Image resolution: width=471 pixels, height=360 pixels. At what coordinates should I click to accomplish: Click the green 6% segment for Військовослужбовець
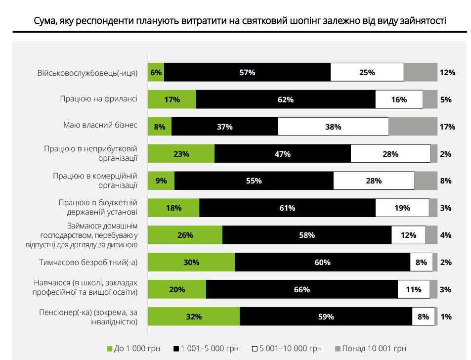click(x=156, y=72)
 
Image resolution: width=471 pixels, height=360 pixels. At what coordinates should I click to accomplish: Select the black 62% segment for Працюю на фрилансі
click(x=286, y=99)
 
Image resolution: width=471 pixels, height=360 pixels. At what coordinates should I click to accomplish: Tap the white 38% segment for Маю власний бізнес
click(x=333, y=127)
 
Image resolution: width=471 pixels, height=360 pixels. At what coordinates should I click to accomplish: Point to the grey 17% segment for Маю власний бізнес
click(x=413, y=127)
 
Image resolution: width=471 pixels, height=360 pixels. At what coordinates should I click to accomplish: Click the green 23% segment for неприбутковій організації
click(x=181, y=154)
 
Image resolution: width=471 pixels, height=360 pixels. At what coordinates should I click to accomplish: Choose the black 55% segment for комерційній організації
click(x=254, y=181)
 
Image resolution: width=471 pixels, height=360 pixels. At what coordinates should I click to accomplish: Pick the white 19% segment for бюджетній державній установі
click(x=402, y=208)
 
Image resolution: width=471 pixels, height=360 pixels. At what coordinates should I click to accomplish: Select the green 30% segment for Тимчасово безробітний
click(x=191, y=263)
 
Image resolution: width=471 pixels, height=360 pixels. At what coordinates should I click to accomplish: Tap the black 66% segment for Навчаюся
click(x=301, y=289)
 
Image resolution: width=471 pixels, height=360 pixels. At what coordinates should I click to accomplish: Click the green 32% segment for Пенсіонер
click(x=194, y=316)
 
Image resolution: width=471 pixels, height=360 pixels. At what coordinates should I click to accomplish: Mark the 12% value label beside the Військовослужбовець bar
click(x=447, y=73)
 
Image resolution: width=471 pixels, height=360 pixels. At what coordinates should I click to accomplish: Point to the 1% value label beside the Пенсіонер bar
click(x=446, y=317)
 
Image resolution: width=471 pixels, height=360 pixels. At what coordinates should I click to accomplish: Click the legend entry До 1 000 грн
click(x=133, y=348)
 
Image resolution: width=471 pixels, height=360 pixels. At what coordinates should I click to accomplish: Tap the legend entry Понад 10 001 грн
click(x=370, y=348)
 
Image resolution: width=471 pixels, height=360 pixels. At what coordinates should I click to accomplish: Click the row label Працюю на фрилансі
click(x=98, y=99)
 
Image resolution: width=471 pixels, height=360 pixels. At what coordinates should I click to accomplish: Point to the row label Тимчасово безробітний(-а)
click(x=88, y=262)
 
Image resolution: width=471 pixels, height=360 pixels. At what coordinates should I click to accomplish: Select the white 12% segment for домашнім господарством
click(x=408, y=235)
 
